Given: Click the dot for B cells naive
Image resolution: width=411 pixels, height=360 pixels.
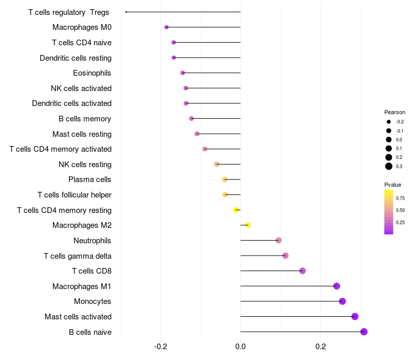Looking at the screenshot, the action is pyautogui.click(x=364, y=332).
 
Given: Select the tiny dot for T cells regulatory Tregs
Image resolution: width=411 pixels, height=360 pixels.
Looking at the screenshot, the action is pyautogui.click(x=126, y=12).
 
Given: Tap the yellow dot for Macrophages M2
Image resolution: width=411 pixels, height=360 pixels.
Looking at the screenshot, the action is pyautogui.click(x=248, y=225).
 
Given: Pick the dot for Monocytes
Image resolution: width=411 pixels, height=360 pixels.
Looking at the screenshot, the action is pyautogui.click(x=342, y=301).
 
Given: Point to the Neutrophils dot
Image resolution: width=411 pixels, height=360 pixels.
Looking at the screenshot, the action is pyautogui.click(x=278, y=240).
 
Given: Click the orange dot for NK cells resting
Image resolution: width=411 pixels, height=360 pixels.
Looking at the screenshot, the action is pyautogui.click(x=217, y=164).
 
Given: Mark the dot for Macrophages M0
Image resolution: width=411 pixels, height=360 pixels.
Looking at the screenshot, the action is pyautogui.click(x=166, y=27).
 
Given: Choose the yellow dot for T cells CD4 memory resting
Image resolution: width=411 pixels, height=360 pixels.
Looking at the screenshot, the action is pyautogui.click(x=236, y=210).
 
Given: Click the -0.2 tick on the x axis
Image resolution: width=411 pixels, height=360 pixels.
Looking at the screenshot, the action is pyautogui.click(x=161, y=347).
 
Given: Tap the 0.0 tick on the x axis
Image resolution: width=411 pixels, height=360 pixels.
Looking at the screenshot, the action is pyautogui.click(x=240, y=347).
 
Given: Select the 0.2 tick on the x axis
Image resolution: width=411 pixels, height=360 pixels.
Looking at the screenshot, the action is pyautogui.click(x=320, y=347).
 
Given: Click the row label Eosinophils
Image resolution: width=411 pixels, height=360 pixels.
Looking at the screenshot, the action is pyautogui.click(x=92, y=73).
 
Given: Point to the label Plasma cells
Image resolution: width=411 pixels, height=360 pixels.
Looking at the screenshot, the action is pyautogui.click(x=89, y=179).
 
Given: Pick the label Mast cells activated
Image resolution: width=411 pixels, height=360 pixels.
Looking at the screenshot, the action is pyautogui.click(x=78, y=317).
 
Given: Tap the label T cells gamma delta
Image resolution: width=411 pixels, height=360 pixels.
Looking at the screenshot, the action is pyautogui.click(x=78, y=256).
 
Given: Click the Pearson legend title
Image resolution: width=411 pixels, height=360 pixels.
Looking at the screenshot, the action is pyautogui.click(x=395, y=112).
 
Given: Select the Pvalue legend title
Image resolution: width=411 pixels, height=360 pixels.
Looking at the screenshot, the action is pyautogui.click(x=393, y=185).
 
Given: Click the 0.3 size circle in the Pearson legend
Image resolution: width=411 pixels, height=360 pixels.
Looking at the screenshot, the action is pyautogui.click(x=389, y=166).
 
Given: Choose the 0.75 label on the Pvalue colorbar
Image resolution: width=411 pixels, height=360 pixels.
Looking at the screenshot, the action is pyautogui.click(x=400, y=199).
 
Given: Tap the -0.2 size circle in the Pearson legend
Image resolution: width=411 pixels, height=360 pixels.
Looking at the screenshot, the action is pyautogui.click(x=389, y=122).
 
